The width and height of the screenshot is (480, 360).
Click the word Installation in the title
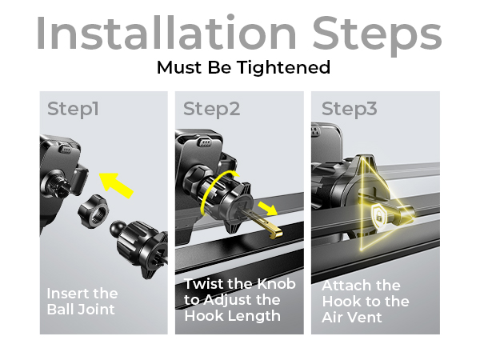(x=166, y=32)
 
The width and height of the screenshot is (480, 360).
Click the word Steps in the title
(x=377, y=35)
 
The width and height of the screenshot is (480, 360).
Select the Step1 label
(x=73, y=110)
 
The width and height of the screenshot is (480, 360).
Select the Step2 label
(x=211, y=110)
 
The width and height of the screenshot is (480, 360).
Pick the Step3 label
(x=350, y=110)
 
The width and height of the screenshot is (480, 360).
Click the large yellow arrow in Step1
(x=116, y=185)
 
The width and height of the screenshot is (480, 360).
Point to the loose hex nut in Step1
(x=93, y=210)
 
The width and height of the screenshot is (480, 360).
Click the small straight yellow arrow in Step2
(x=267, y=208)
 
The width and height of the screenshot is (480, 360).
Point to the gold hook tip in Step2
(x=275, y=231)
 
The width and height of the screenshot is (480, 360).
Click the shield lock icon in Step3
(x=379, y=216)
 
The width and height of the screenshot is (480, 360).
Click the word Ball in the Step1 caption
(x=62, y=309)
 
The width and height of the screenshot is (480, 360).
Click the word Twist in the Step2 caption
(x=204, y=284)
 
